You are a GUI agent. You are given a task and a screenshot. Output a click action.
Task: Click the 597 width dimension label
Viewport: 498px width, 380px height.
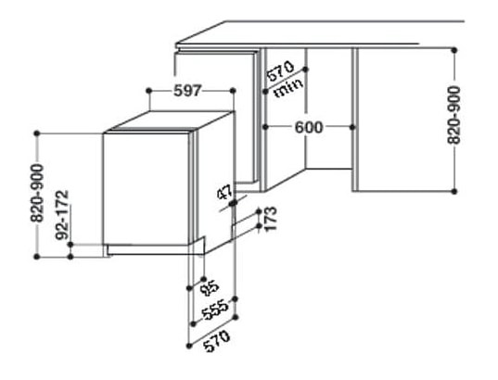(x=187, y=91)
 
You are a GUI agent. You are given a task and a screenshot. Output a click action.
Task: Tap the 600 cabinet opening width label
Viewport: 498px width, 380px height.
(x=309, y=127)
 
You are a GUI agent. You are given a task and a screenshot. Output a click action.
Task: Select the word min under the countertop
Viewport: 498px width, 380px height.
(x=289, y=88)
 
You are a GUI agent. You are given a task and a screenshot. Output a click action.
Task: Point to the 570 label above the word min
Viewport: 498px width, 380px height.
(x=280, y=71)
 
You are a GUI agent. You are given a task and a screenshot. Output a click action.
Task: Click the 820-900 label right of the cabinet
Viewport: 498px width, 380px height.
(x=453, y=115)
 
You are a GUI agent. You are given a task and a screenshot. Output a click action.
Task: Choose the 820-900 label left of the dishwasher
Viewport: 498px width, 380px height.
(x=36, y=193)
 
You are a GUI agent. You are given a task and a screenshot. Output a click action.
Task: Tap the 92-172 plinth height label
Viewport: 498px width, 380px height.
(x=62, y=215)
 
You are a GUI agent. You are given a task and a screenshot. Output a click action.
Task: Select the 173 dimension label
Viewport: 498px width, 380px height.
(x=270, y=219)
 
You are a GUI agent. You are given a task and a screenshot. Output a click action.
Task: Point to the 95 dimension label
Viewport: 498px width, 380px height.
(x=211, y=287)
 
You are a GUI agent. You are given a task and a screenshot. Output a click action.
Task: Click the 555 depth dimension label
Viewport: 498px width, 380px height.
(x=216, y=310)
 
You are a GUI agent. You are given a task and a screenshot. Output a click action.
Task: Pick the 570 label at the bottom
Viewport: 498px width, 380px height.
(x=217, y=341)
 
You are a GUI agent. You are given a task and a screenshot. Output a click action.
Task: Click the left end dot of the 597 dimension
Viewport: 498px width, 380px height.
(x=149, y=91)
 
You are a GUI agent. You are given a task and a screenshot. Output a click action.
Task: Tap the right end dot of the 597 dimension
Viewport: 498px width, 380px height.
(x=233, y=91)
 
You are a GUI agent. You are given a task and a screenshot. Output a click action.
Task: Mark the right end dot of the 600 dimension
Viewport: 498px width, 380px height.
(x=351, y=127)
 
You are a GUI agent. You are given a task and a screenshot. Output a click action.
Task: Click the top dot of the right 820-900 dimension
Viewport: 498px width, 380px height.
(x=454, y=50)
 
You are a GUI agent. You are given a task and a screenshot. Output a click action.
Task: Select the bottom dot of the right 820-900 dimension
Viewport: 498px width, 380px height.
(x=454, y=192)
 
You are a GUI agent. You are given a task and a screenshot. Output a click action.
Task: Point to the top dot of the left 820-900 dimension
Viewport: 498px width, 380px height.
(x=37, y=133)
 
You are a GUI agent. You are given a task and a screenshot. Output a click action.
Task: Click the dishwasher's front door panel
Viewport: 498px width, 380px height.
(x=147, y=189)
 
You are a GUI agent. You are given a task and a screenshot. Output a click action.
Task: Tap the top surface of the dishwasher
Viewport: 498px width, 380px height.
(x=169, y=120)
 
